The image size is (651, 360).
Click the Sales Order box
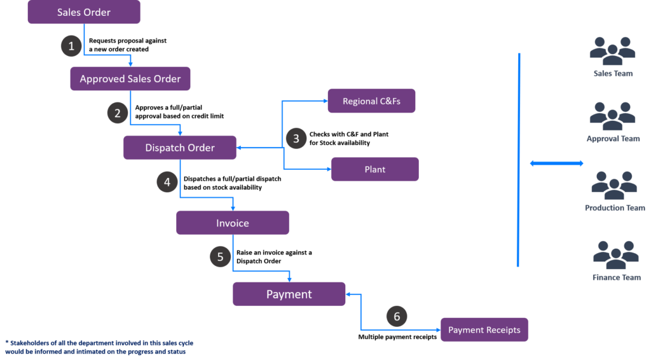(x=84, y=12)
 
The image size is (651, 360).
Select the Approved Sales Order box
(x=130, y=79)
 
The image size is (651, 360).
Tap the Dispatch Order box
(x=179, y=148)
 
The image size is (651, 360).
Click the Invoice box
(x=233, y=223)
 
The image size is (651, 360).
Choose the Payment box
(x=289, y=294)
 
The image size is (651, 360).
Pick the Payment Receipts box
(x=484, y=330)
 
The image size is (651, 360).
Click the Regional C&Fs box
(x=371, y=101)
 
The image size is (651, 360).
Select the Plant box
(x=374, y=169)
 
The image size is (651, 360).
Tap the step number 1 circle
(x=71, y=46)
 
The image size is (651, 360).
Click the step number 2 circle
(x=117, y=114)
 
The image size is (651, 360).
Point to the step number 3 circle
(x=296, y=138)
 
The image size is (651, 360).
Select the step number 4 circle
(x=167, y=183)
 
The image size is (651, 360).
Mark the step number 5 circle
(x=220, y=257)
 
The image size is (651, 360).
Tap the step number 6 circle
(x=397, y=316)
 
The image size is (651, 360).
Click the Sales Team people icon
(x=612, y=51)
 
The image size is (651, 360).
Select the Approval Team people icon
(x=612, y=116)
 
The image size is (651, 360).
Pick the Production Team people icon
(x=614, y=185)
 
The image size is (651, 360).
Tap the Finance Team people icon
(x=615, y=255)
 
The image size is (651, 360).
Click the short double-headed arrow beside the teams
(x=556, y=163)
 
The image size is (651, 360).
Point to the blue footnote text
(x=99, y=347)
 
